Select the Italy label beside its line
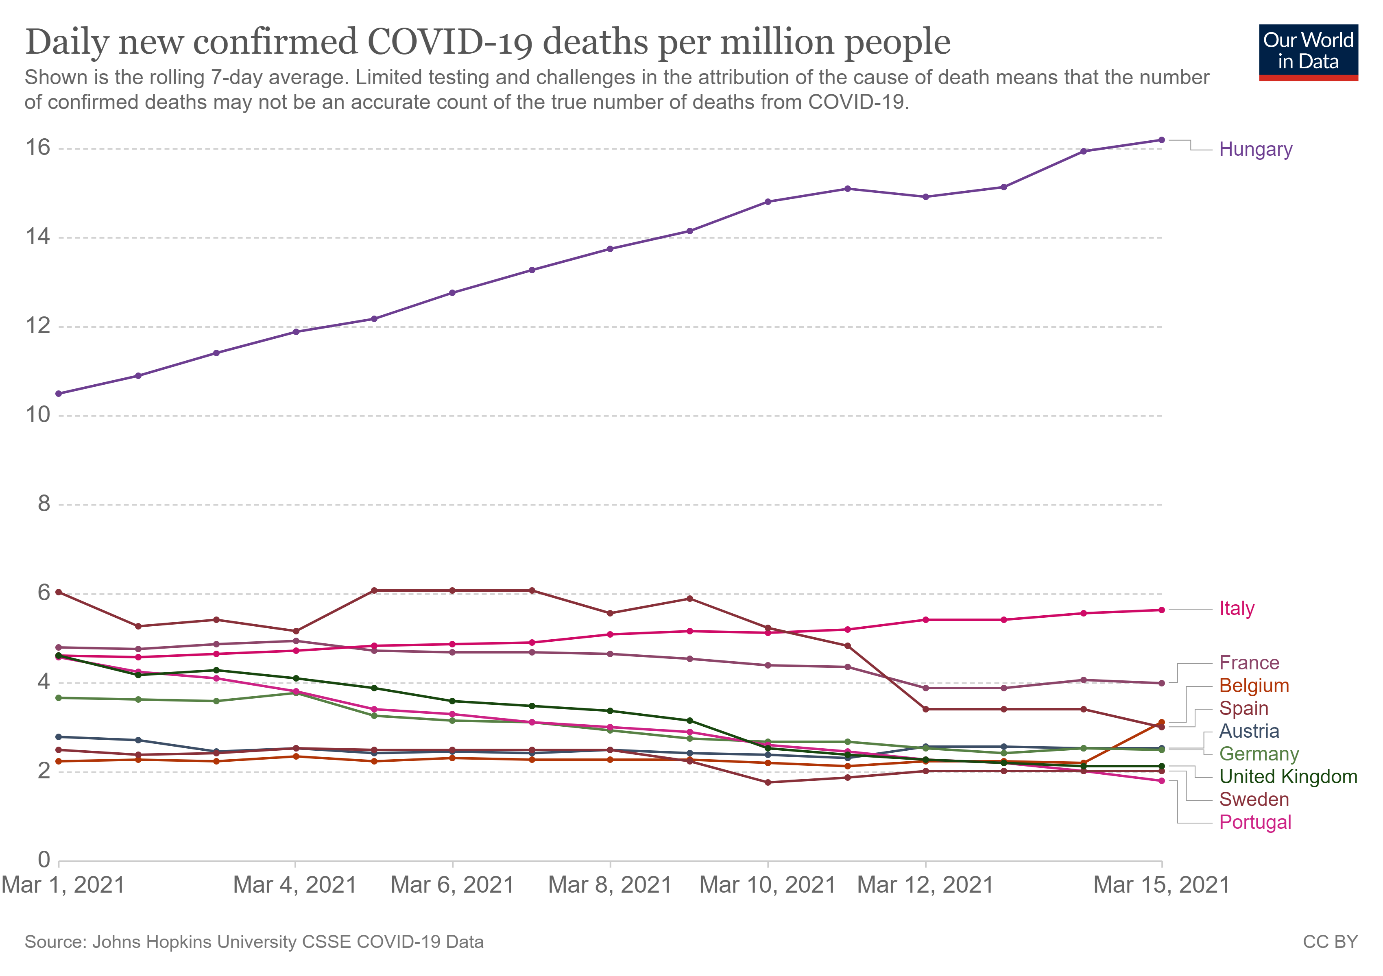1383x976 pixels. [1236, 609]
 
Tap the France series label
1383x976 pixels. [1249, 663]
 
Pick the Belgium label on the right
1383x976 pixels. [1254, 686]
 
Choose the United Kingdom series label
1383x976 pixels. [1288, 777]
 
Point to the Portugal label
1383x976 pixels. [1255, 822]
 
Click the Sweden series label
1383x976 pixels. [1254, 800]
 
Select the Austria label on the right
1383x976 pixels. [1249, 731]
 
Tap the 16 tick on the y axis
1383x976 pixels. [37, 148]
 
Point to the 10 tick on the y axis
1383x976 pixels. [37, 415]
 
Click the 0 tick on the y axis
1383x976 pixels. [44, 860]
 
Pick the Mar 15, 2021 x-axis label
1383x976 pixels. [1161, 885]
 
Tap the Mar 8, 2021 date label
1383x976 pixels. [610, 885]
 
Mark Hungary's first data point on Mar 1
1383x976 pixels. [59, 394]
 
